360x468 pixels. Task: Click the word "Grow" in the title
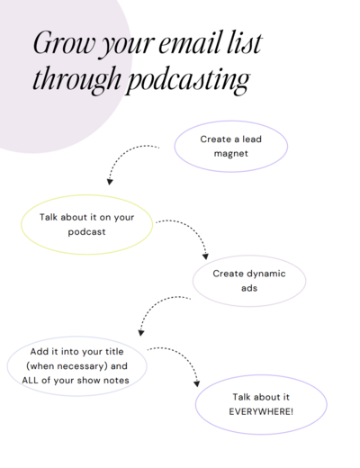pos(64,42)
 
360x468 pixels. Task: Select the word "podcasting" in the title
pos(187,79)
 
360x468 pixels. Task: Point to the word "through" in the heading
pos(76,78)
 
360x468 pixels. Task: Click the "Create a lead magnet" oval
pos(231,121)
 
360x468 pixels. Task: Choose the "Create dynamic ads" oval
pos(249,256)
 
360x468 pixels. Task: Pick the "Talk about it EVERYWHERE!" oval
pos(261,375)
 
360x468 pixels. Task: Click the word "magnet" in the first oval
pos(231,154)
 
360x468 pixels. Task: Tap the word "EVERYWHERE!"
pos(261,411)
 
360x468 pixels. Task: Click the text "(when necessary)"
pos(67,366)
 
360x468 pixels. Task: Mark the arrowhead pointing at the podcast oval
pos(110,182)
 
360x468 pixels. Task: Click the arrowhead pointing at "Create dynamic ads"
pos(205,256)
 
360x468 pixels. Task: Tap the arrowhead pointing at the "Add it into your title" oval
pos(141,333)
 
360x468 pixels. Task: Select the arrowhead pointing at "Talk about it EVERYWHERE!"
pos(197,383)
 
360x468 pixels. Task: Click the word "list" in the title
pos(245,42)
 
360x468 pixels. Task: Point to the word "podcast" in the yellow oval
pos(86,232)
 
